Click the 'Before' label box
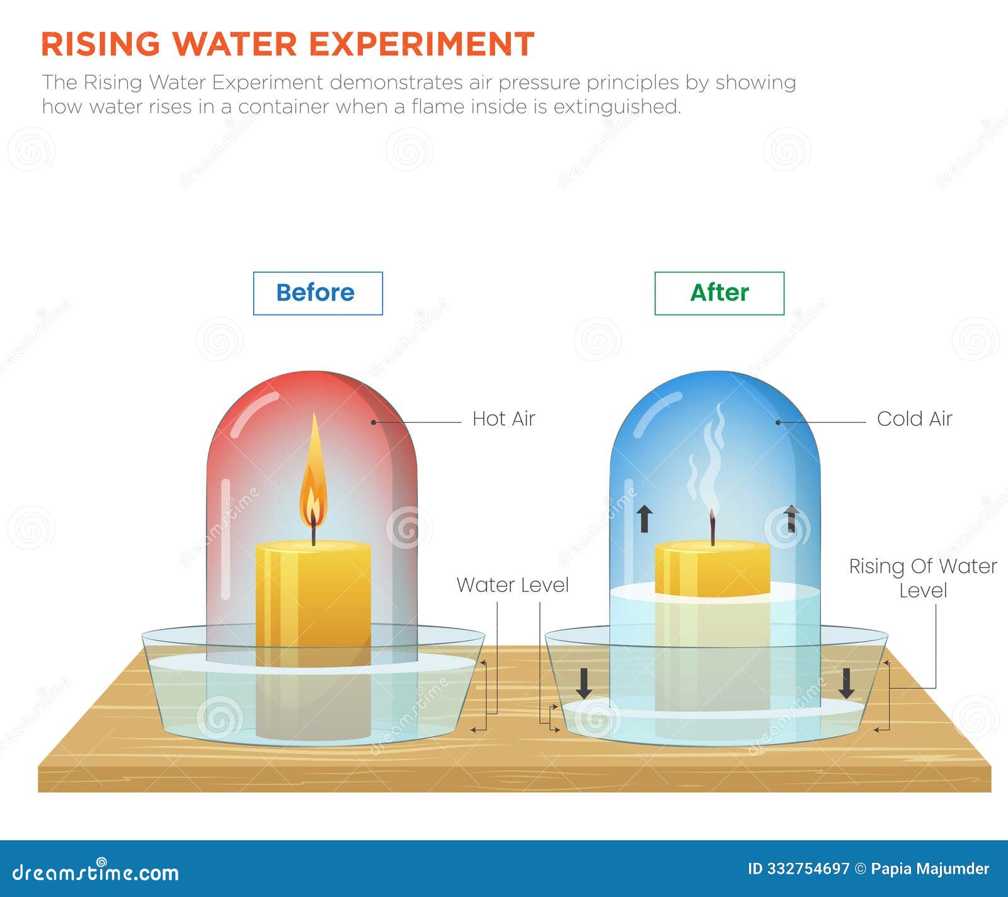coord(318,293)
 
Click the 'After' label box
coord(719,293)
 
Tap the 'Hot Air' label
coord(503,419)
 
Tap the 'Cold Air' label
coord(914,419)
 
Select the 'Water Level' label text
coord(512,585)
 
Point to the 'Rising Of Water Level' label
coord(922,578)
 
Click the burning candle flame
coord(313,479)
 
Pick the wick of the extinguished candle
coord(713,528)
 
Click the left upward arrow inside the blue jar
coord(644,519)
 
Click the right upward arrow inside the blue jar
coord(791,519)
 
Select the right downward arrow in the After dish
coord(847,683)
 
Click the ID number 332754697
coord(808,869)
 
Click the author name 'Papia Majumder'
coord(930,869)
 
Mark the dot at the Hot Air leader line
coord(374,422)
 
